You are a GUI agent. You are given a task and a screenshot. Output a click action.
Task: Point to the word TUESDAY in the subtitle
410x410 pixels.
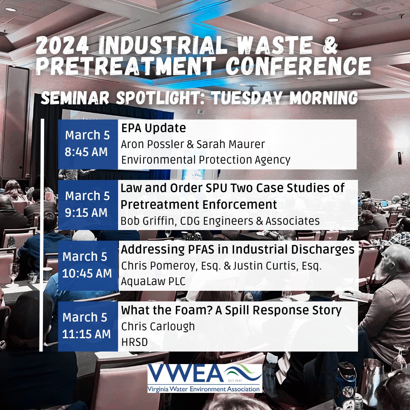click(x=246, y=98)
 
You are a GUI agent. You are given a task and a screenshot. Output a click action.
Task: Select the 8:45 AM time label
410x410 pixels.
click(x=86, y=152)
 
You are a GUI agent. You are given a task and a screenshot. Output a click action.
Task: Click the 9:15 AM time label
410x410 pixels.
click(x=86, y=213)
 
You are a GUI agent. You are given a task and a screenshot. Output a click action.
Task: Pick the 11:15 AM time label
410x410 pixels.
click(x=86, y=334)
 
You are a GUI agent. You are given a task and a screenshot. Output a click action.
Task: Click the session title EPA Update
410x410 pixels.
click(x=153, y=128)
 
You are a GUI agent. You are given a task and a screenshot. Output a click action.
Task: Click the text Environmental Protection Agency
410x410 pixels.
click(x=206, y=160)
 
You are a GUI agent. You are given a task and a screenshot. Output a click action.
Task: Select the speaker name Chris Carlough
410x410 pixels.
click(x=158, y=326)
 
